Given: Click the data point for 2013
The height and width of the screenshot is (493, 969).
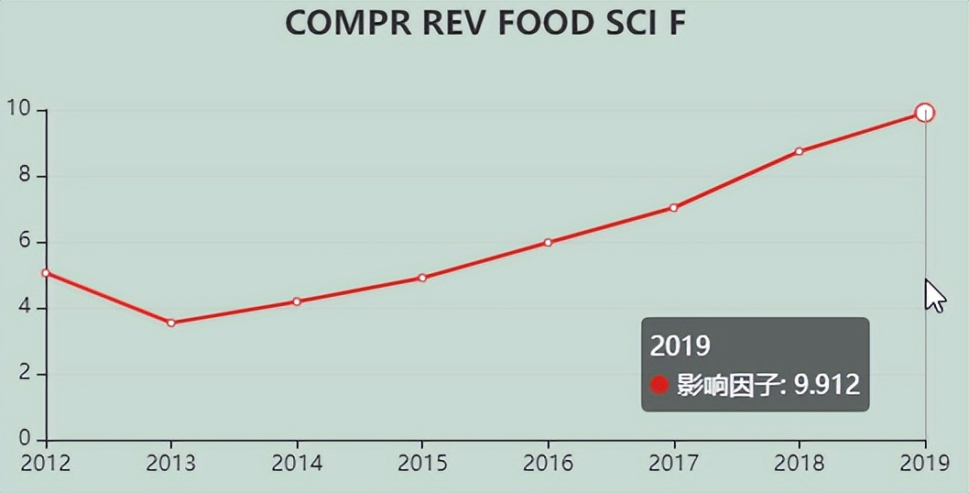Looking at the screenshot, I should [x=171, y=323].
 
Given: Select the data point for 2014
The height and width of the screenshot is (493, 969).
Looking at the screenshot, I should [x=297, y=301].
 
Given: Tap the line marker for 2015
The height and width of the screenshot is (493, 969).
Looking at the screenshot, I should [x=422, y=278].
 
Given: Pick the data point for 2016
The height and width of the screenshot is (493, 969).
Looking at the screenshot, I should [x=548, y=243].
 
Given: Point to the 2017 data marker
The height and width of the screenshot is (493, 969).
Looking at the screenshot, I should [x=674, y=208].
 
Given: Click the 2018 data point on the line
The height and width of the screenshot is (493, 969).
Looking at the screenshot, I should [x=800, y=151].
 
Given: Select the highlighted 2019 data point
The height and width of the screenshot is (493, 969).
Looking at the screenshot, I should [x=925, y=113].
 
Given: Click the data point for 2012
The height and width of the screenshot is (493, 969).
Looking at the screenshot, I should [x=46, y=273].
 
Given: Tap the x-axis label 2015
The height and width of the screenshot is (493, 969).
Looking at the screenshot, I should [x=422, y=462].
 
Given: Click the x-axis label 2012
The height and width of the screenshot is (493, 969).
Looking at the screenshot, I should [x=46, y=462].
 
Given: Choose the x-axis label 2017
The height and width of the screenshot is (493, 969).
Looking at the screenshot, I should [x=674, y=462].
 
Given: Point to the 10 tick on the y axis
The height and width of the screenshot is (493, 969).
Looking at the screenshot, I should [x=19, y=109].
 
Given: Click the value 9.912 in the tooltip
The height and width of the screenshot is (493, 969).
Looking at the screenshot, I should [x=826, y=384].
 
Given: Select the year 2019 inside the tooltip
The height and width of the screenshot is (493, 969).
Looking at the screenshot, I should [x=680, y=345].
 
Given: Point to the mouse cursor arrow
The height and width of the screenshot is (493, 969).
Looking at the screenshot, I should [x=933, y=296].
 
